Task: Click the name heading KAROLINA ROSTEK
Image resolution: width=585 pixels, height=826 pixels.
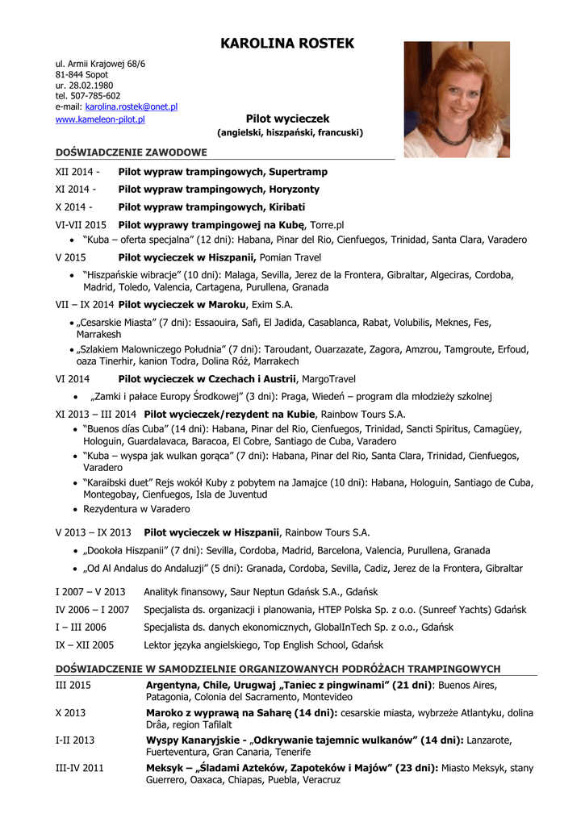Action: pos(286,44)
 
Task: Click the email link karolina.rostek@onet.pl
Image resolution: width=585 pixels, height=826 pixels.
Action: pos(132,106)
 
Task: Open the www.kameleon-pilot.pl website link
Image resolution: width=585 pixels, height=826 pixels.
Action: pos(100,119)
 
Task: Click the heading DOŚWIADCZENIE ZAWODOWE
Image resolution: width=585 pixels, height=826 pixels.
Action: pos(131,152)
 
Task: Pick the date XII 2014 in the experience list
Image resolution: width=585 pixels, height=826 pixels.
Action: pos(77,172)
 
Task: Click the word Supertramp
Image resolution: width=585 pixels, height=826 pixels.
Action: pos(299,172)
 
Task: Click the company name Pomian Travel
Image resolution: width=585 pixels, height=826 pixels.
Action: pos(290,257)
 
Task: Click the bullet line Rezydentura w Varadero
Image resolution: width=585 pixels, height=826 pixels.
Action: pos(136,509)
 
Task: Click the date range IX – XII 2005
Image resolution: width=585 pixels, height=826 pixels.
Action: pos(85,645)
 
